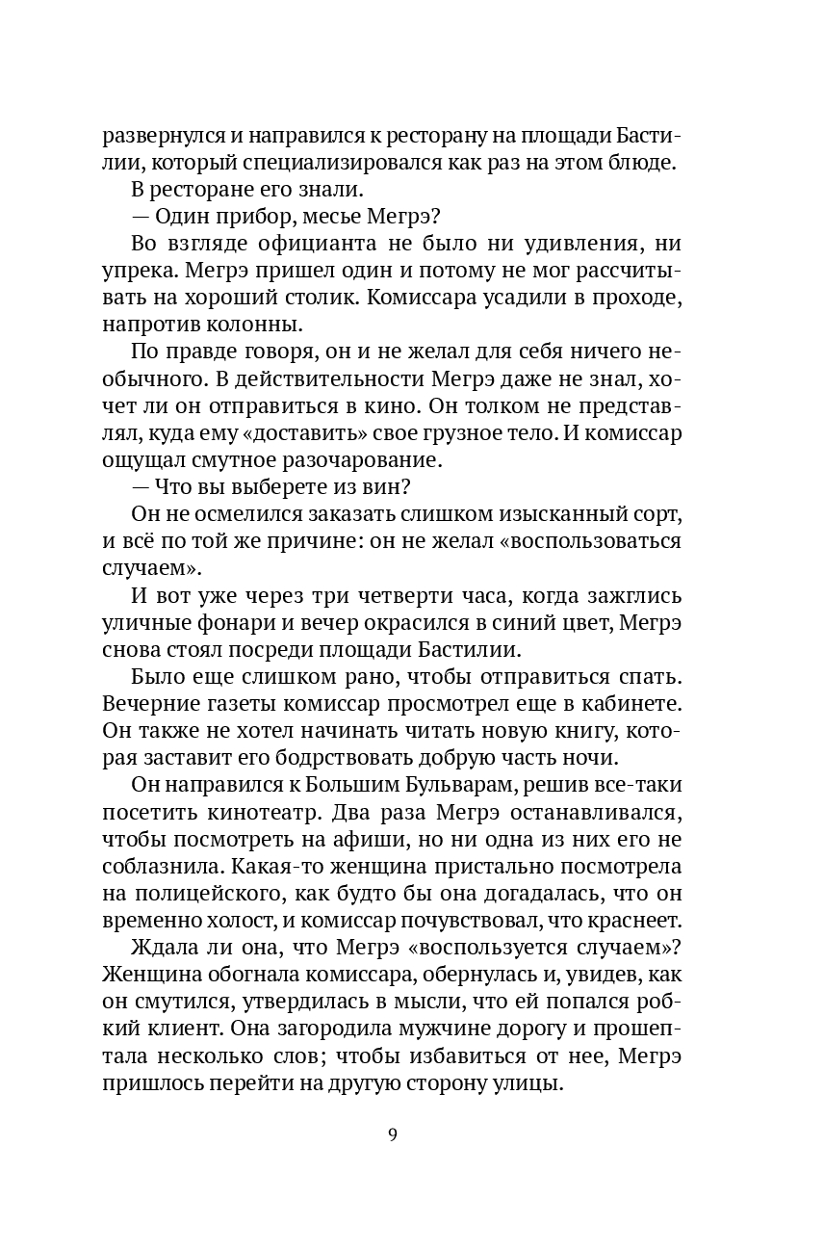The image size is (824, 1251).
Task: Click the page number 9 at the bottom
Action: pos(393,1134)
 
